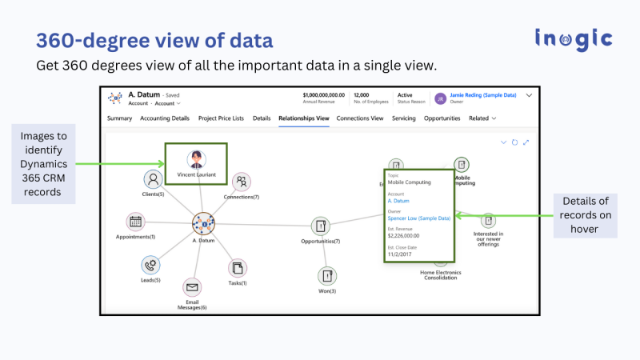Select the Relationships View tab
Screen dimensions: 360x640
304,118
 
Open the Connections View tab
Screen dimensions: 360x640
360,118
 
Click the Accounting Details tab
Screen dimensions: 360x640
165,118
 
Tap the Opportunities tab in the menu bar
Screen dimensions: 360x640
442,118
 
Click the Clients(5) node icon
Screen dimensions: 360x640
154,179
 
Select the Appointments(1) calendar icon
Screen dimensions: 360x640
135,222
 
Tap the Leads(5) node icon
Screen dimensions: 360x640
150,265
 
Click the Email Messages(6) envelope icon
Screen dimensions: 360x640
192,287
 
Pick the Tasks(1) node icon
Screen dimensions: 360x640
238,268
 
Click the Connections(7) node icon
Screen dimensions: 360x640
241,182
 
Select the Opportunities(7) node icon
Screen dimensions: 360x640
321,226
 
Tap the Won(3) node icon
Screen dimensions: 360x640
327,276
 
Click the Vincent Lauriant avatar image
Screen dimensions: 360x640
196,158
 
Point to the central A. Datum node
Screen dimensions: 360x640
204,224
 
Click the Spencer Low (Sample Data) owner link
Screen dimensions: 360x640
418,218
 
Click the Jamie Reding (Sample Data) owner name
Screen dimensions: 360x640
482,94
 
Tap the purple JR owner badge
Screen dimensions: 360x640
440,98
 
